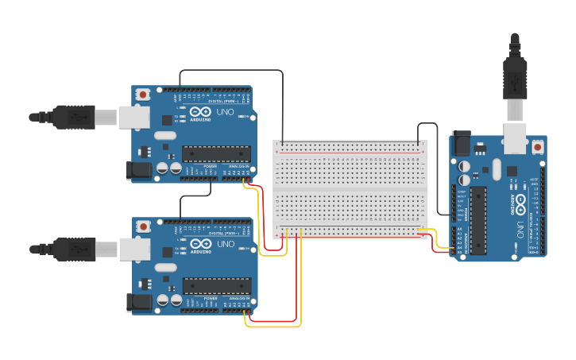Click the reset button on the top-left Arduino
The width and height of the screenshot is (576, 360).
[x=142, y=95]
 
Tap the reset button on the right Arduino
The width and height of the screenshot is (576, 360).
[x=538, y=148]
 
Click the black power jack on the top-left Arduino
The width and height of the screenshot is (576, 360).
[x=138, y=170]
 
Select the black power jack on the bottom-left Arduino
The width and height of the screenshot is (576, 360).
[x=138, y=301]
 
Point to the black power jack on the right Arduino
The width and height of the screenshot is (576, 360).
[x=462, y=145]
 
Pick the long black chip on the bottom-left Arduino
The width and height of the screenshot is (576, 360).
[x=216, y=285]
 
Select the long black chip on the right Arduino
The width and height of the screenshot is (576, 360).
[x=478, y=221]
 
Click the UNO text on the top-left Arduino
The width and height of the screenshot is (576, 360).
[x=224, y=112]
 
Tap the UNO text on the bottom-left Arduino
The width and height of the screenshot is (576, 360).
[x=224, y=244]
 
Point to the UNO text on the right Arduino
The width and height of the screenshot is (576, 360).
[x=520, y=230]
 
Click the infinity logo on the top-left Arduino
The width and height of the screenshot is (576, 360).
[x=200, y=112]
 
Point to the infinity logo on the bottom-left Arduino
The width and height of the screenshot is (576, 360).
[x=200, y=244]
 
